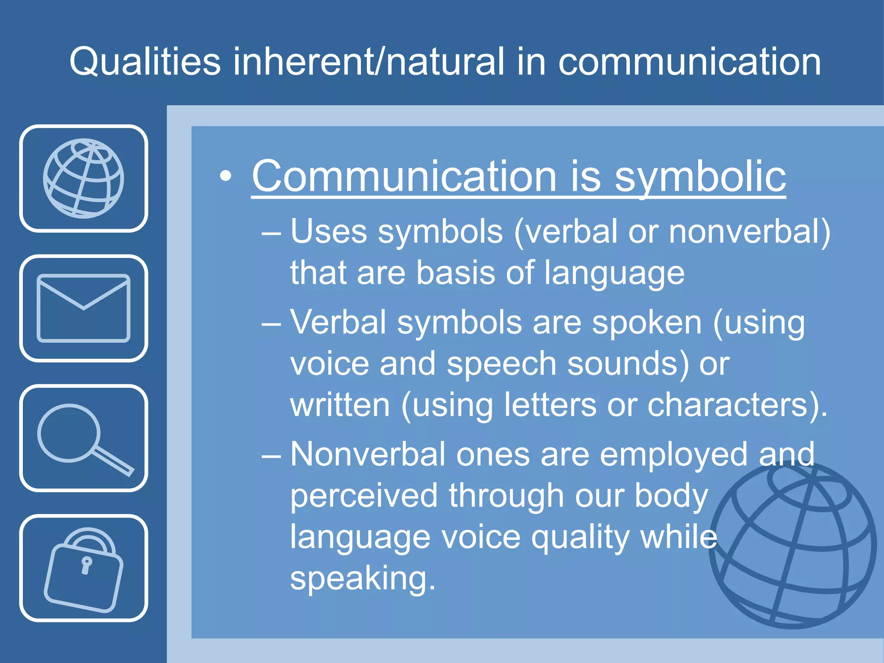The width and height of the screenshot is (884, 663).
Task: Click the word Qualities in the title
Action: coord(145,62)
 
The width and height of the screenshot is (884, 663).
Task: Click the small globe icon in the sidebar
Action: coord(83,178)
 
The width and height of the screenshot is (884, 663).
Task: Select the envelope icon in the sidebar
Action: coord(83,308)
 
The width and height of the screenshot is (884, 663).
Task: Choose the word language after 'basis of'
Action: coord(614,273)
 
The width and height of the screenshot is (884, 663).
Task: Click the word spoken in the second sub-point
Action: coord(647,323)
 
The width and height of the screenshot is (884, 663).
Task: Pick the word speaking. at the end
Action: coord(363,578)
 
